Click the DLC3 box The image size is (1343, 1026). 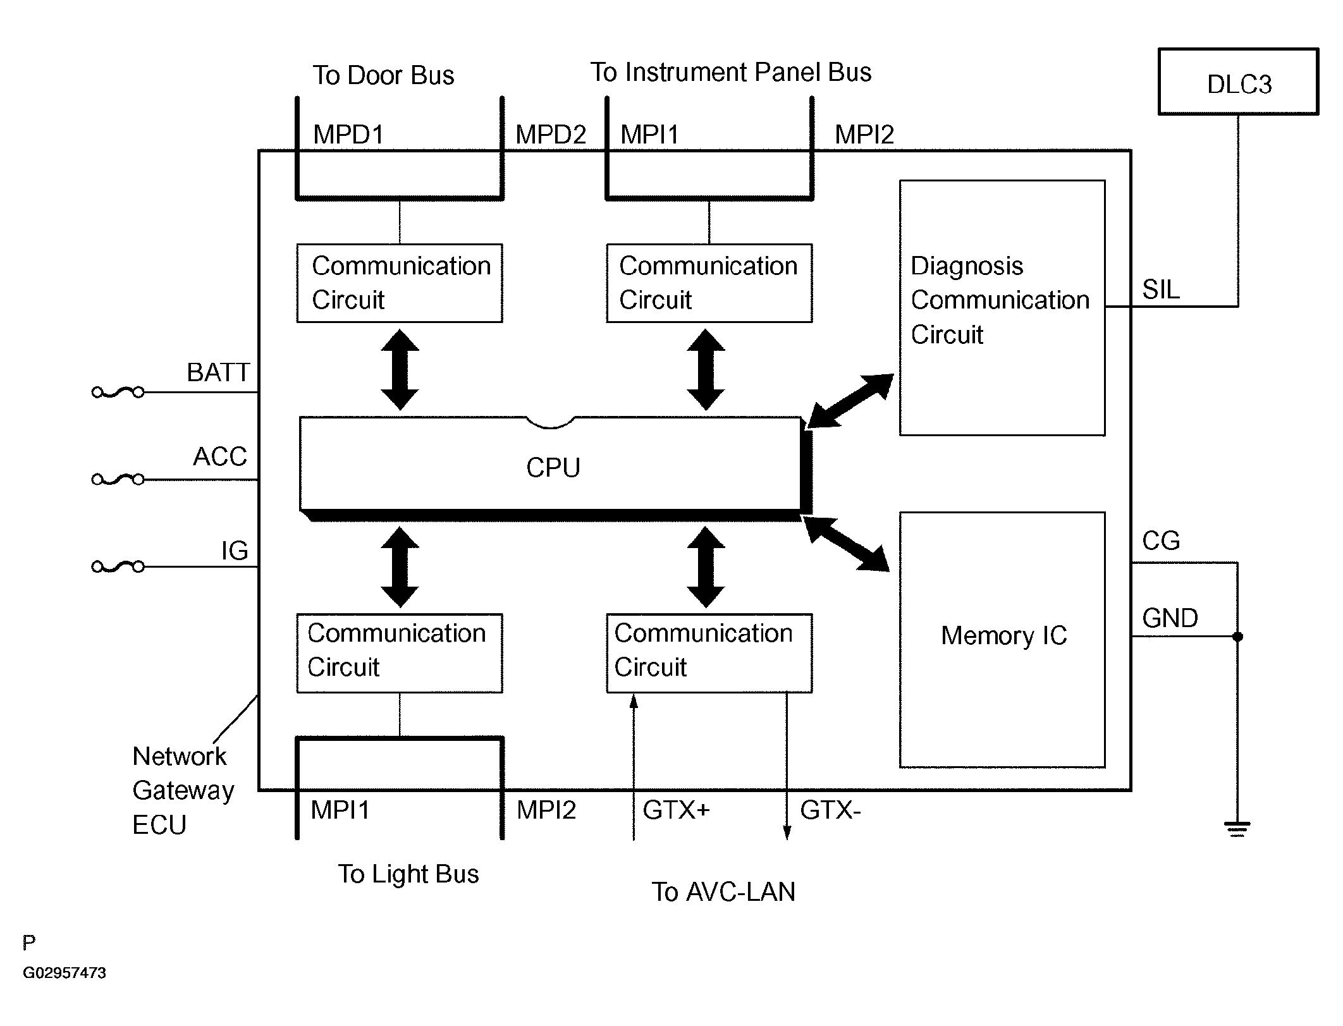[1238, 82]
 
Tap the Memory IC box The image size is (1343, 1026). [1002, 638]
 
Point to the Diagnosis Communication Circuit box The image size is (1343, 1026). [1002, 307]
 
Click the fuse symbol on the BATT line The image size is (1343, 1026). [118, 393]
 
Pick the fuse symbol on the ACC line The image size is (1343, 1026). [118, 480]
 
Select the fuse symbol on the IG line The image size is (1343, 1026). [118, 566]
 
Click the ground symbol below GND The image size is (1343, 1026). [1237, 828]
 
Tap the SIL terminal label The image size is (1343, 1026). [1161, 290]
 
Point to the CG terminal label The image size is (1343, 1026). [1161, 541]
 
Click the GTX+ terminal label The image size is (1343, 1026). [676, 810]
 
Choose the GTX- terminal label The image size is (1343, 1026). [830, 810]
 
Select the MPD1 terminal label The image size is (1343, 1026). [348, 135]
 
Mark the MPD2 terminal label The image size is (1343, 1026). [551, 135]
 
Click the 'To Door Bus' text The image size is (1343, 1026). [383, 75]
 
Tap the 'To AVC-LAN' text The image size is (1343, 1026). [723, 892]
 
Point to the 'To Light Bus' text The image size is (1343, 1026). [408, 874]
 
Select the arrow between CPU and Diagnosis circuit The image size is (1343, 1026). [850, 401]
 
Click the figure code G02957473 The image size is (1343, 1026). [64, 973]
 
